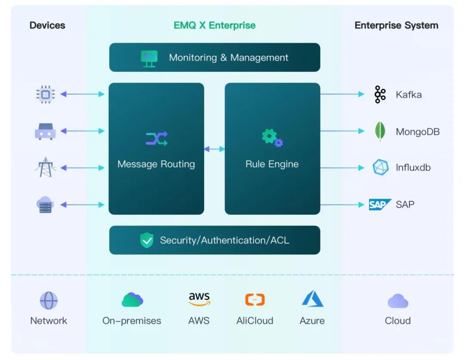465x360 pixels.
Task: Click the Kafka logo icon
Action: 380,94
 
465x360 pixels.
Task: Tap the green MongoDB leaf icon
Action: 380,131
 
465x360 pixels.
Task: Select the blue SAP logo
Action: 380,204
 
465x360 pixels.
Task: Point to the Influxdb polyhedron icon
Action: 381,167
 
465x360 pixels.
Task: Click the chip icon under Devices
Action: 45,94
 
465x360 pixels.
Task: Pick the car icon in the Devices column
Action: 45,131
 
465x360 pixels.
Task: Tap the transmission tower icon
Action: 45,167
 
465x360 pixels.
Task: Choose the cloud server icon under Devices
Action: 45,204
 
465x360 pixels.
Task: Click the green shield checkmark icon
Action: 147,240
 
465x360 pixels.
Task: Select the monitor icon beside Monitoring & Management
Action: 149,59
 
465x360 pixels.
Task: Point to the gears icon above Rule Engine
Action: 272,138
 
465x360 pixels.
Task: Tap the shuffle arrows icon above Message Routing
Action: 157,139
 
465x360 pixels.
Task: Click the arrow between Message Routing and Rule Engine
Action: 214,149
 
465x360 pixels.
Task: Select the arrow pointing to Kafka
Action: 343,94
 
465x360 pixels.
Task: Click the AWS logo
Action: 199,299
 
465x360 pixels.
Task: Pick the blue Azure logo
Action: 313,298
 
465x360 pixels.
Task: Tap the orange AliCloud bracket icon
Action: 255,300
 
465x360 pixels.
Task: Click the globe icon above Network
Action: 49,301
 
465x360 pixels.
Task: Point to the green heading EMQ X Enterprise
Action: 214,25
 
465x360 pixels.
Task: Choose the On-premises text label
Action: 132,320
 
